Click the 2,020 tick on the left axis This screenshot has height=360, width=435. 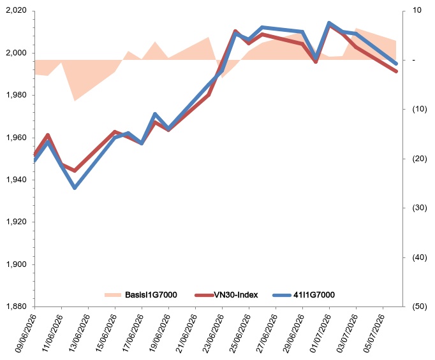pyautogui.click(x=16, y=11)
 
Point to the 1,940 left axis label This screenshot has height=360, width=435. pyautogui.click(x=16, y=180)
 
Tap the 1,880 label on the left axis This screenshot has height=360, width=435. pyautogui.click(x=16, y=306)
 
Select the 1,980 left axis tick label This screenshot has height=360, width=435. pyautogui.click(x=16, y=95)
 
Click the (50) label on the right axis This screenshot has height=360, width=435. pyautogui.click(x=420, y=306)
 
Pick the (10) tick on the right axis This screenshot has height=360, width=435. pyautogui.click(x=420, y=109)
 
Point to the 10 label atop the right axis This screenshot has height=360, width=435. pyautogui.click(x=417, y=10)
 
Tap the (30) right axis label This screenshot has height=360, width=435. pyautogui.click(x=420, y=208)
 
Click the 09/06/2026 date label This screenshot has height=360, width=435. pyautogui.click(x=26, y=333)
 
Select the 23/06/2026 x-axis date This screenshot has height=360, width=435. pyautogui.click(x=213, y=333)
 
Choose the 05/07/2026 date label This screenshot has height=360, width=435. pyautogui.click(x=374, y=333)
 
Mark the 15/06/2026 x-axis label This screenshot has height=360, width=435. pyautogui.click(x=106, y=333)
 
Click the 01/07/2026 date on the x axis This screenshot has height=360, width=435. pyautogui.click(x=320, y=333)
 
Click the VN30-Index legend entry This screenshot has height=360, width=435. pyautogui.click(x=236, y=295)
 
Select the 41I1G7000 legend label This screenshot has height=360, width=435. pyautogui.click(x=314, y=295)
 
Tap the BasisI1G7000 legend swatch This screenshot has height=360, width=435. pyautogui.click(x=113, y=295)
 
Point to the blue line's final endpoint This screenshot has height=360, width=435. pyautogui.click(x=396, y=64)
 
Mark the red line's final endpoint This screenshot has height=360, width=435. pyautogui.click(x=396, y=71)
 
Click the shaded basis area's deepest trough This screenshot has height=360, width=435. pyautogui.click(x=75, y=101)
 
